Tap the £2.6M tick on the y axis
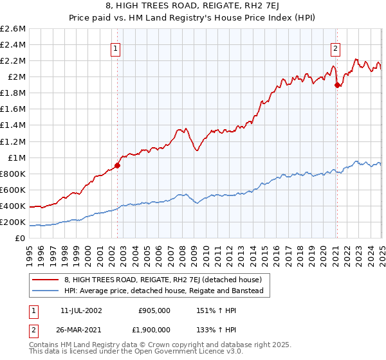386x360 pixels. [x=13, y=29]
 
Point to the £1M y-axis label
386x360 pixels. [x=17, y=157]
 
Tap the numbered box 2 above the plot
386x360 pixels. [x=336, y=48]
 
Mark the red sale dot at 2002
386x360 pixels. [x=117, y=165]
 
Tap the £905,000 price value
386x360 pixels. [x=154, y=310]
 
